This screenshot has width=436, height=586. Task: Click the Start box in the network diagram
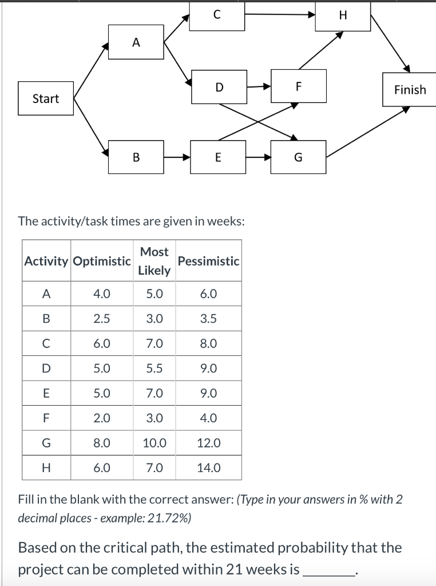(x=46, y=98)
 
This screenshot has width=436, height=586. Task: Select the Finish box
(x=410, y=89)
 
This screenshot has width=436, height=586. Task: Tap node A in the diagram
(x=136, y=42)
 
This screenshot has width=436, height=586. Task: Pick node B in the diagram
(x=136, y=157)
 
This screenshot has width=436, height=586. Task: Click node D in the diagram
(x=219, y=87)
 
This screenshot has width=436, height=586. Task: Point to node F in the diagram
(x=298, y=86)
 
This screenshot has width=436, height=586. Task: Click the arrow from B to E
(x=177, y=157)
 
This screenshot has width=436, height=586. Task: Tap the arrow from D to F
(x=259, y=87)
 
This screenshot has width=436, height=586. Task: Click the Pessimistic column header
(x=208, y=261)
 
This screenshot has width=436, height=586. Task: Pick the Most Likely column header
(x=154, y=261)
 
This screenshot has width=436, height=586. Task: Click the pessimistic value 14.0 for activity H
(x=208, y=468)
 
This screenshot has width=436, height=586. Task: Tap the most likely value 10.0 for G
(x=154, y=442)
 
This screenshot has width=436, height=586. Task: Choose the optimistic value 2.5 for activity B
(x=102, y=319)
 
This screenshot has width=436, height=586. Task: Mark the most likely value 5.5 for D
(x=154, y=369)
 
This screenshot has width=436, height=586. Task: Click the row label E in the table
(x=46, y=393)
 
